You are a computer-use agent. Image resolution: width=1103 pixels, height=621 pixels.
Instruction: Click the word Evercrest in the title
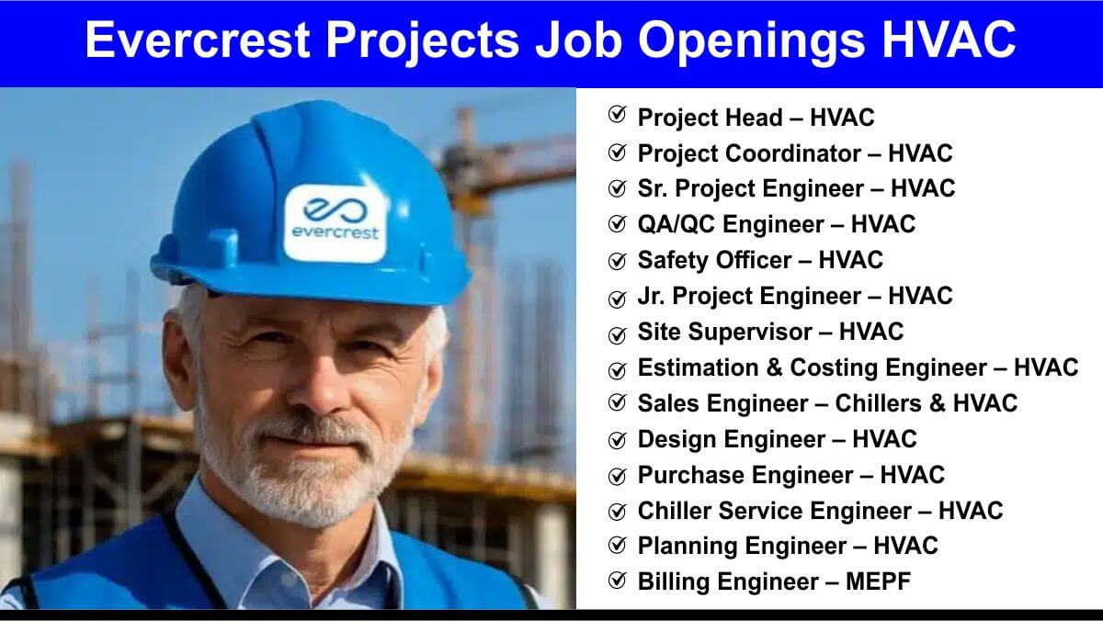point(198,40)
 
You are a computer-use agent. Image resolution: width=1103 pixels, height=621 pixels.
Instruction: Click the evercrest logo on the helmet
point(335,223)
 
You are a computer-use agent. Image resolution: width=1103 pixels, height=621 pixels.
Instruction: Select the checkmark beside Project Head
point(617,115)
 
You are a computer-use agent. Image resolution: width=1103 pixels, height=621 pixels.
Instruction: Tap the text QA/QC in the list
point(677,224)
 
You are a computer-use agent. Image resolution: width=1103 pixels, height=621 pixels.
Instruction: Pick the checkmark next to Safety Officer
point(617,261)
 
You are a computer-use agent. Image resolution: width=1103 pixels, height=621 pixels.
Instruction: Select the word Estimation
point(699,367)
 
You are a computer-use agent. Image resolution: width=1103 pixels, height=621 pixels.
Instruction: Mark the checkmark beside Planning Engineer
point(617,546)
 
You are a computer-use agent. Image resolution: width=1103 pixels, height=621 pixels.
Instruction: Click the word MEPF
point(878,581)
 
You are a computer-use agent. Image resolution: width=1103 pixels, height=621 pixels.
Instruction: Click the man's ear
point(178,359)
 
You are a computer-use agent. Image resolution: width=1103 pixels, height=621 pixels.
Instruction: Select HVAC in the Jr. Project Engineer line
point(920,296)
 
